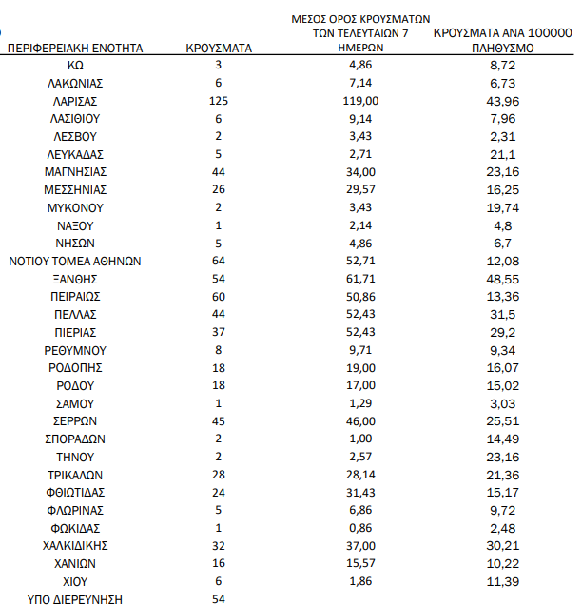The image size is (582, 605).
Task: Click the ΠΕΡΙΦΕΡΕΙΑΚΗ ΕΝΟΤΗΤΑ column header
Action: point(75,47)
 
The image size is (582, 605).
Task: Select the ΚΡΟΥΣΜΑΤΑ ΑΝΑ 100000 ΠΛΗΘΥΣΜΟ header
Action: point(502,39)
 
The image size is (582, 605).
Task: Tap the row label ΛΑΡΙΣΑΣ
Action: point(75,101)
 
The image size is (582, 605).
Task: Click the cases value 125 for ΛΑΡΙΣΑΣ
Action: point(219,101)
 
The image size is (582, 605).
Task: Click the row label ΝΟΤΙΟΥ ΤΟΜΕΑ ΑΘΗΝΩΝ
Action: point(75,261)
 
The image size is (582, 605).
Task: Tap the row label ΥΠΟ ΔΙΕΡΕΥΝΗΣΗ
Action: point(75,599)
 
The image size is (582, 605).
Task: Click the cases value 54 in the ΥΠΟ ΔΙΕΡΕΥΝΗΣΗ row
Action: point(219,599)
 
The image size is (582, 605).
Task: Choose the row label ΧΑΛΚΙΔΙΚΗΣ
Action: point(75,546)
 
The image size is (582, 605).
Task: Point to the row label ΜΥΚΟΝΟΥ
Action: point(75,207)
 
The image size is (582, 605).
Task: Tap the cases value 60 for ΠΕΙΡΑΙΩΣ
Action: point(219,297)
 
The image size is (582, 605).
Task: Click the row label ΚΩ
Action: point(75,65)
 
